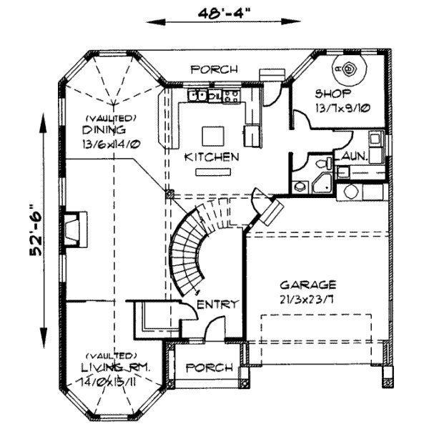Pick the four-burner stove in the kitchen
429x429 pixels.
[231, 94]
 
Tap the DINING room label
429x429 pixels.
[104, 130]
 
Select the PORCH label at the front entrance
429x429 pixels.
[209, 368]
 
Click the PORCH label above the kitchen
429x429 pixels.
[214, 69]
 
